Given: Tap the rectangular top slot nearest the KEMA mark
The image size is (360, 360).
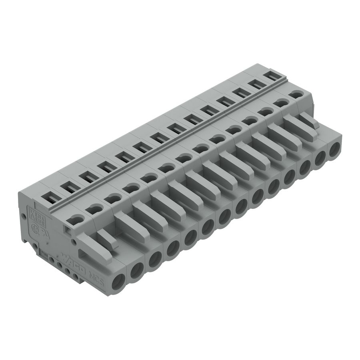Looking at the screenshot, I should [51, 196].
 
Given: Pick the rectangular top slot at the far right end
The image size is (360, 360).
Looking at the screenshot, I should [272, 76].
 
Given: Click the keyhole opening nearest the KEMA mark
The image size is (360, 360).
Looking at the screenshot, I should [75, 219].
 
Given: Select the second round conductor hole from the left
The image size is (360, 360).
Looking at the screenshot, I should [136, 272].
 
